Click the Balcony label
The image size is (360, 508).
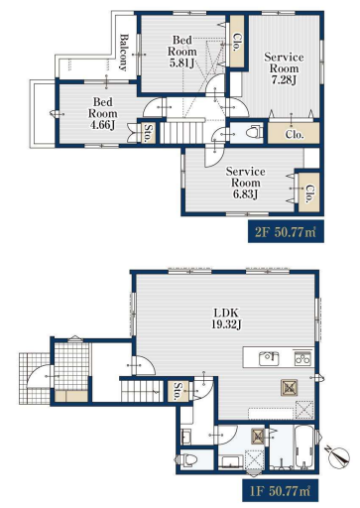(123, 53)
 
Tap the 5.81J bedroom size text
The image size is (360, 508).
(181, 63)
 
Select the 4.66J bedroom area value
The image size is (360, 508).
(102, 125)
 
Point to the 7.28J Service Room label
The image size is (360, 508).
(284, 80)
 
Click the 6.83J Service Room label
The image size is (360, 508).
(245, 194)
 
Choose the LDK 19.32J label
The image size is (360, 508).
(226, 318)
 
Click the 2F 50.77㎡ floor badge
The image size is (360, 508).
(286, 232)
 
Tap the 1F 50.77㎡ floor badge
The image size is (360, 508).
(280, 490)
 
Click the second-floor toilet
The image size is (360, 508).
(254, 133)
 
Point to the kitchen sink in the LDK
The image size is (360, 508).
(269, 358)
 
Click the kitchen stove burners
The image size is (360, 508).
(302, 358)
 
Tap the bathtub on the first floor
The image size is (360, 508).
(304, 446)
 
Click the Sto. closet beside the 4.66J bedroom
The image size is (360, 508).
(149, 133)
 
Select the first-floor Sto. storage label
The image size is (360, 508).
(179, 391)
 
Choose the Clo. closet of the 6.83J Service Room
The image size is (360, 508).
(309, 192)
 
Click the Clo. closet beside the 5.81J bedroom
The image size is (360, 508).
(237, 41)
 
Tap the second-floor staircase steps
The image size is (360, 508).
(182, 133)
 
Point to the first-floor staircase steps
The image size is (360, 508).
(142, 391)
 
